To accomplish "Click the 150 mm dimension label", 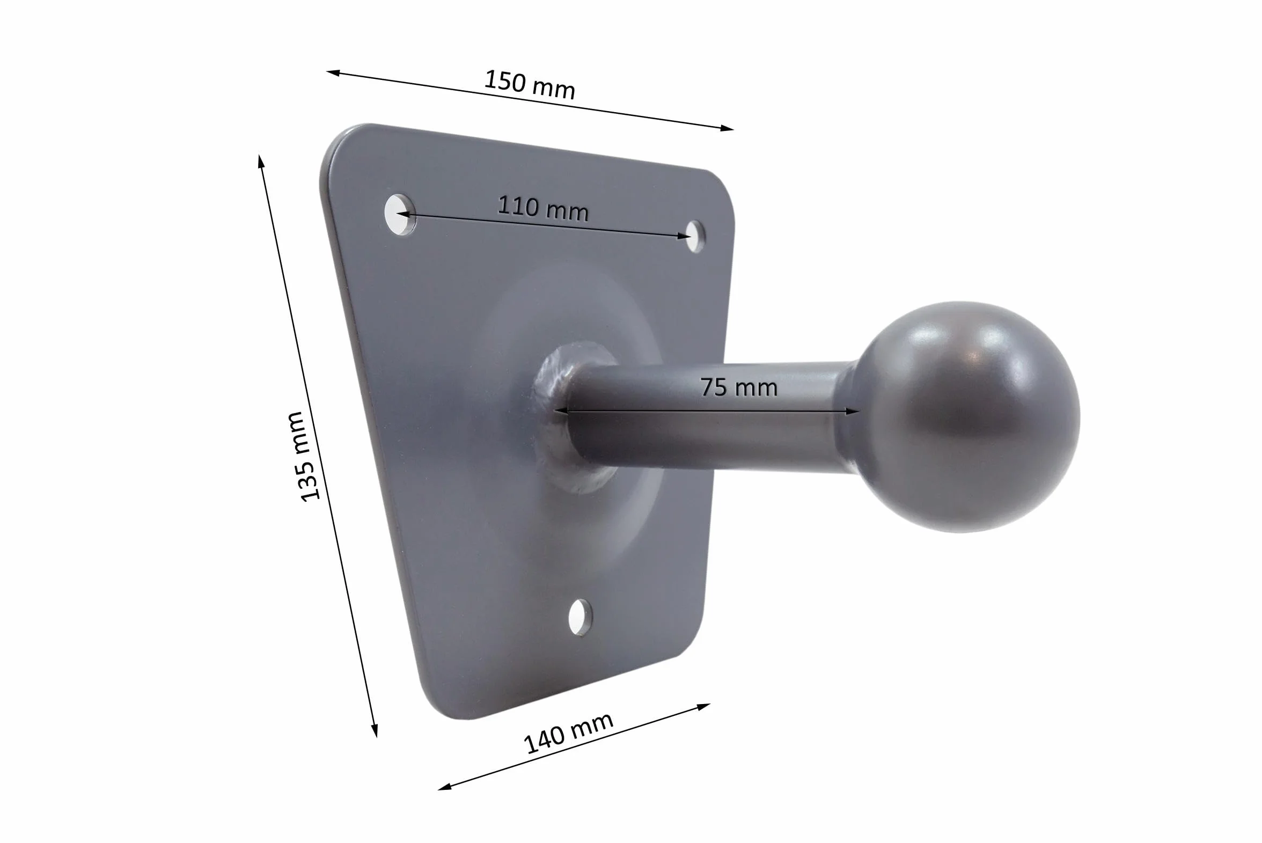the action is [530, 84].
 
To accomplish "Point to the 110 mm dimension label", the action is [543, 208].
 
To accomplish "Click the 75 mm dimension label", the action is [738, 387].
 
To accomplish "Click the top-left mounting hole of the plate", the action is [400, 215].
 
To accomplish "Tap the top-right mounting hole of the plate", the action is [694, 236].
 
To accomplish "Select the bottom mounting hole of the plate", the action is [581, 617].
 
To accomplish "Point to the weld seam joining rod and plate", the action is [554, 416].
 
